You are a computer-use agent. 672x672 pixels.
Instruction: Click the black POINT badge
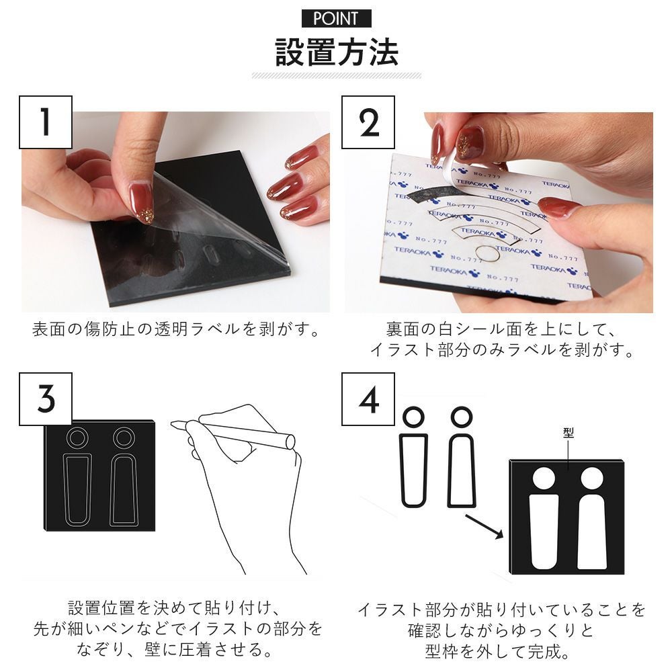tap(337, 18)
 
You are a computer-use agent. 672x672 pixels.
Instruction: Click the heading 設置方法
tap(337, 52)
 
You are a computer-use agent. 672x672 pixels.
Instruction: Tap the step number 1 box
tap(46, 122)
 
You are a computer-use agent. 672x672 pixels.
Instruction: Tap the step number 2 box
tap(368, 122)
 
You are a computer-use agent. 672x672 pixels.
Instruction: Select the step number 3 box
tap(46, 399)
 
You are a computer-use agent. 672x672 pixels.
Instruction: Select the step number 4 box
tap(368, 399)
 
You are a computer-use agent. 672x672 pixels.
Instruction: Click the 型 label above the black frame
tap(569, 433)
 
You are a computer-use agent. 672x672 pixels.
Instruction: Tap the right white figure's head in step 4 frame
tap(592, 478)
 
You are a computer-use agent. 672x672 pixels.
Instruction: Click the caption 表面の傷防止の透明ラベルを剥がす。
tap(176, 329)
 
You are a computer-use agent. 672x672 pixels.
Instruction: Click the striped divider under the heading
tap(337, 76)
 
